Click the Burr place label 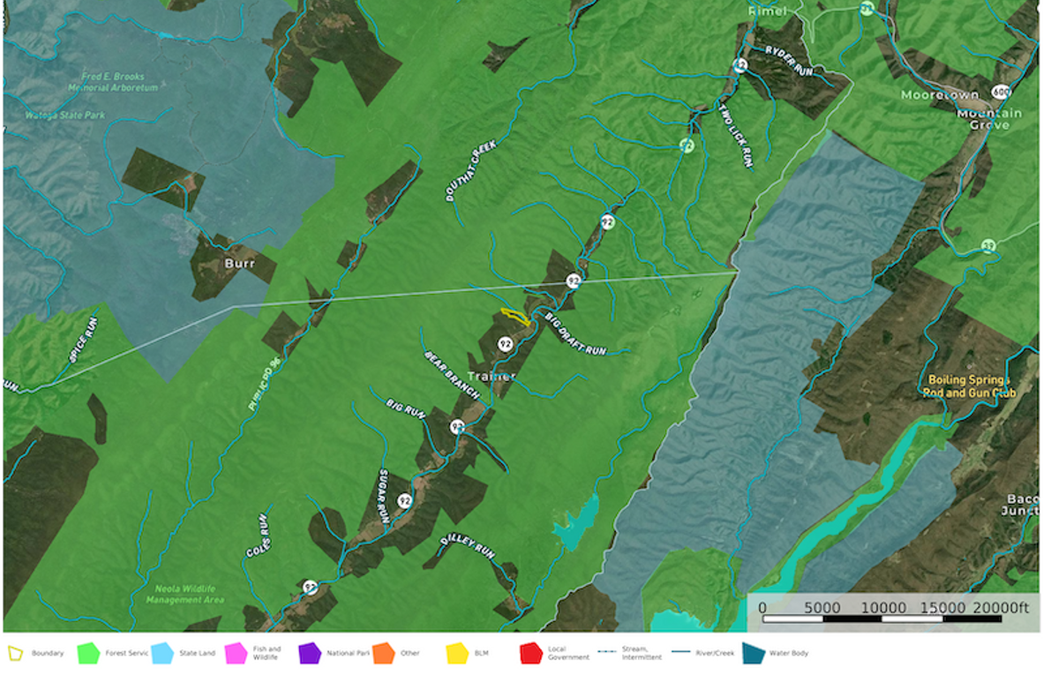228,263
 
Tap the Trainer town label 491,377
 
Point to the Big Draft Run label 574,333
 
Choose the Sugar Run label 384,497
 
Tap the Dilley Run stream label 468,548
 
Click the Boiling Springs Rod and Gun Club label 968,386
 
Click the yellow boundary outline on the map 515,316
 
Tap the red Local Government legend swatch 530,654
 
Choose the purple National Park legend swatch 310,654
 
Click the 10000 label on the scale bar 883,608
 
